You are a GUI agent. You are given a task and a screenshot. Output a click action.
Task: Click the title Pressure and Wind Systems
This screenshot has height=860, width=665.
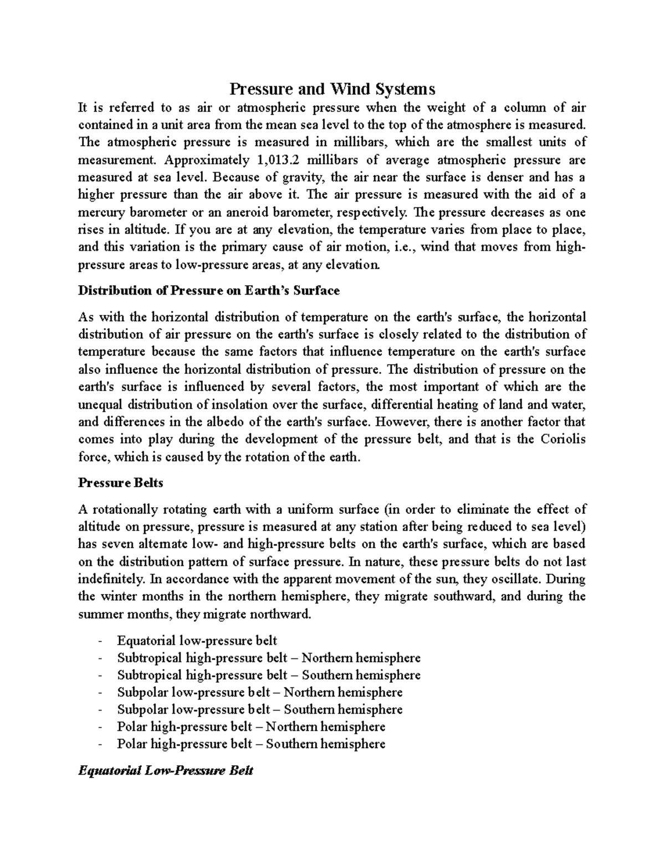tap(332, 89)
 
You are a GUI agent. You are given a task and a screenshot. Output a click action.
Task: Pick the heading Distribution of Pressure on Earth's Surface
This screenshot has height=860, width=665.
tap(209, 290)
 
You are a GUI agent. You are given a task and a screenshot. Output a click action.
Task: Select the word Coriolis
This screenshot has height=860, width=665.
tap(564, 439)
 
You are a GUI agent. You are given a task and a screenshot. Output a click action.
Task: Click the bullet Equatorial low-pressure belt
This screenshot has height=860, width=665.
tap(197, 641)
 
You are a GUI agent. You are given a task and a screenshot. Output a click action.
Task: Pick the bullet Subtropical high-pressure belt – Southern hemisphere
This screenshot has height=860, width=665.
tap(269, 675)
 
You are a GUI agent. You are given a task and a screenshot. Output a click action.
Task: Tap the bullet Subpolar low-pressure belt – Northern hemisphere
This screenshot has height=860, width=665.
tap(259, 692)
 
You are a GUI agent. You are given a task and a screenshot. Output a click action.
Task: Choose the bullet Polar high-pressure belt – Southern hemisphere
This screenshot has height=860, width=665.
tap(251, 744)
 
